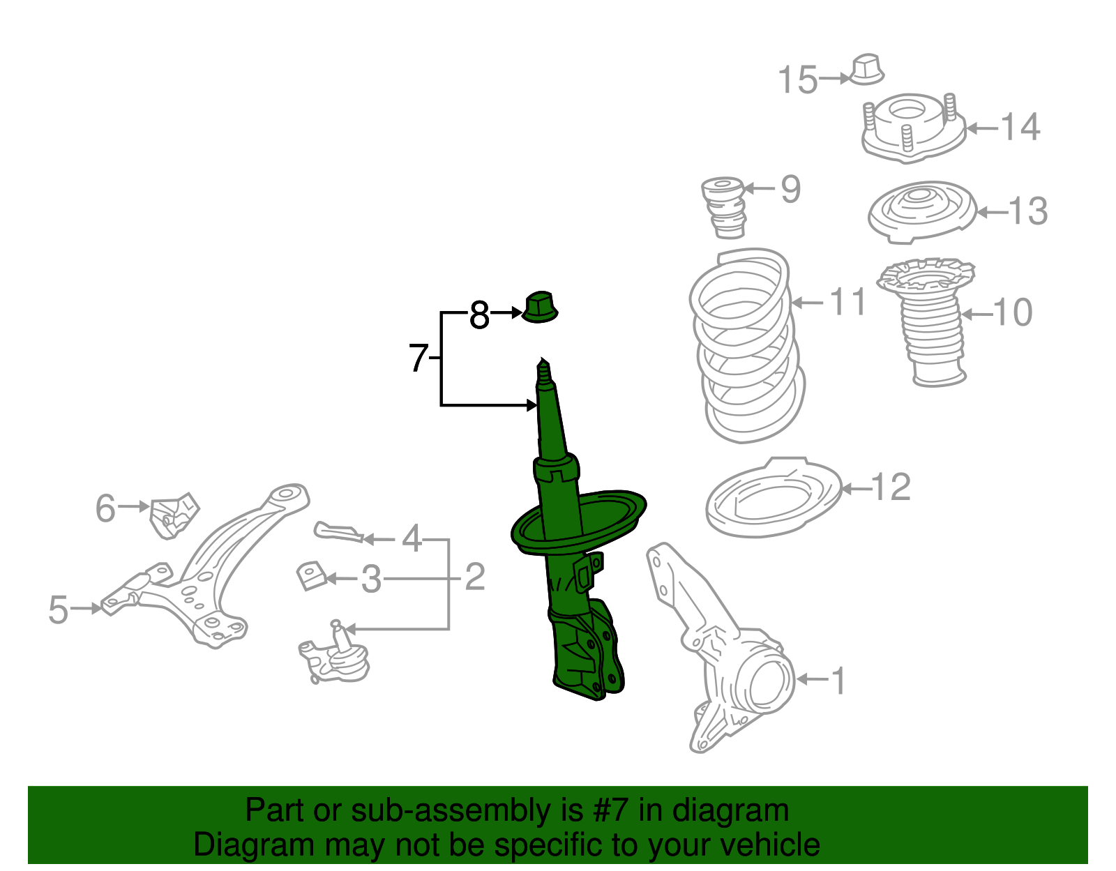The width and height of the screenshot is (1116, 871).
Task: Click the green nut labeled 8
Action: [x=540, y=308]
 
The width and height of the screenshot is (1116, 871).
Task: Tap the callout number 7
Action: [x=418, y=358]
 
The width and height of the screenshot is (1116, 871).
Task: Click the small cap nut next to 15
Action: [x=867, y=69]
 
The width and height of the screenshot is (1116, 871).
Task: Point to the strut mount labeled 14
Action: [x=913, y=130]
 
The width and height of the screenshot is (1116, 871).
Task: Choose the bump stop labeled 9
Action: [x=724, y=206]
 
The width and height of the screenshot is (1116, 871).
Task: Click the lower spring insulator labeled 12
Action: [x=773, y=498]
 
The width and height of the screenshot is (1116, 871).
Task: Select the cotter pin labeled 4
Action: [x=339, y=533]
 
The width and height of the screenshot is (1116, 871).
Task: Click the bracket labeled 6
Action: [x=174, y=515]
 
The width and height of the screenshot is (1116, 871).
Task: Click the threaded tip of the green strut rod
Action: [x=543, y=372]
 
